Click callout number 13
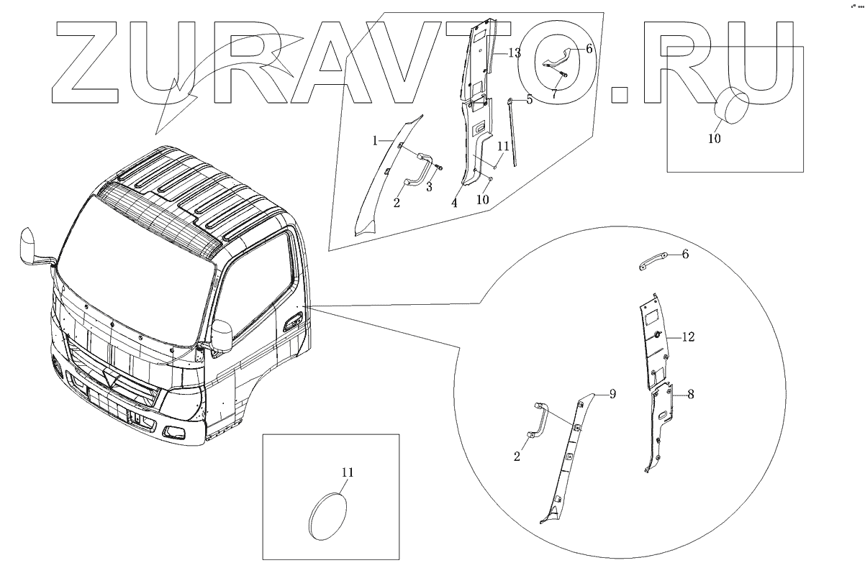(x=515, y=53)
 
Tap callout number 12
(x=688, y=337)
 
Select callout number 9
(x=612, y=394)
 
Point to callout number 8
(x=691, y=394)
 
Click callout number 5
(x=530, y=99)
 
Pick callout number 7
(x=554, y=93)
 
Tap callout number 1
(x=375, y=141)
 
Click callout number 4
(x=454, y=203)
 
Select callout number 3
(x=429, y=187)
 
